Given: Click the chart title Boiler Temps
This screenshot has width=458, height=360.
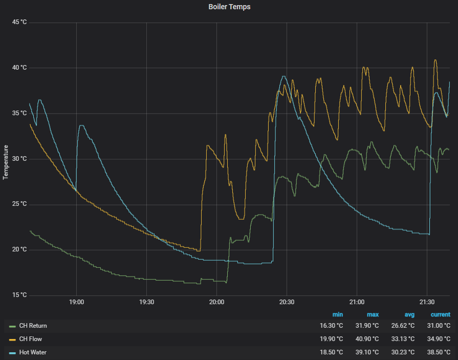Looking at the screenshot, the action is (x=229, y=7).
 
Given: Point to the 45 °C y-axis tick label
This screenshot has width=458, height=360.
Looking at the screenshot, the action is (x=19, y=22).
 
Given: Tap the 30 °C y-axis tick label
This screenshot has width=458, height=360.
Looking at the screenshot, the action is (x=19, y=159).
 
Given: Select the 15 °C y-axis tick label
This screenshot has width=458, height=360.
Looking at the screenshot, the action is (x=19, y=295).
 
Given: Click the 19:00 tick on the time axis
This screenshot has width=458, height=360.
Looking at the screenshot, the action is (x=77, y=302).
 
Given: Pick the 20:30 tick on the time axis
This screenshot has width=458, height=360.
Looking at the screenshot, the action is (x=287, y=302).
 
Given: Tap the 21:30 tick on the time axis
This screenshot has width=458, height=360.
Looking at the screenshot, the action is (x=427, y=302).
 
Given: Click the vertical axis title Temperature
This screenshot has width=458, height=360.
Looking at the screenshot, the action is (x=6, y=162).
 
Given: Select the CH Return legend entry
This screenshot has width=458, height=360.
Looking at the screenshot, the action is (x=28, y=326).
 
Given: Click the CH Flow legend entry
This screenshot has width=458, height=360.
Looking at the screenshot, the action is (x=26, y=339).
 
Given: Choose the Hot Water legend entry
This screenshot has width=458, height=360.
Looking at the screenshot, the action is (x=28, y=352).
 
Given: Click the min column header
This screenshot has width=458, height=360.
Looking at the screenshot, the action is (x=338, y=314).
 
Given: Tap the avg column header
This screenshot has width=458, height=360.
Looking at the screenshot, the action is (x=409, y=314).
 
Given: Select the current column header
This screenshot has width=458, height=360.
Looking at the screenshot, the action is (x=441, y=314).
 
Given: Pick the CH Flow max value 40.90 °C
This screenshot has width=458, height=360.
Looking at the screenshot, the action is (x=367, y=339).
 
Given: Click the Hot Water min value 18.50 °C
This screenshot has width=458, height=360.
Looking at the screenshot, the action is (x=332, y=352).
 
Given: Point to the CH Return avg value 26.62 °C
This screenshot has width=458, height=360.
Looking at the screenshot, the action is (x=403, y=326).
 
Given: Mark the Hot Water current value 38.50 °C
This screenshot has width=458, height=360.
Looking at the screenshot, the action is (x=439, y=352).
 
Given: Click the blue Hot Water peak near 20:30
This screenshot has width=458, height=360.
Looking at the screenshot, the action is (x=283, y=76).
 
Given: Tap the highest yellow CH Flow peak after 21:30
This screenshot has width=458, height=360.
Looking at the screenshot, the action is (x=435, y=60).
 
